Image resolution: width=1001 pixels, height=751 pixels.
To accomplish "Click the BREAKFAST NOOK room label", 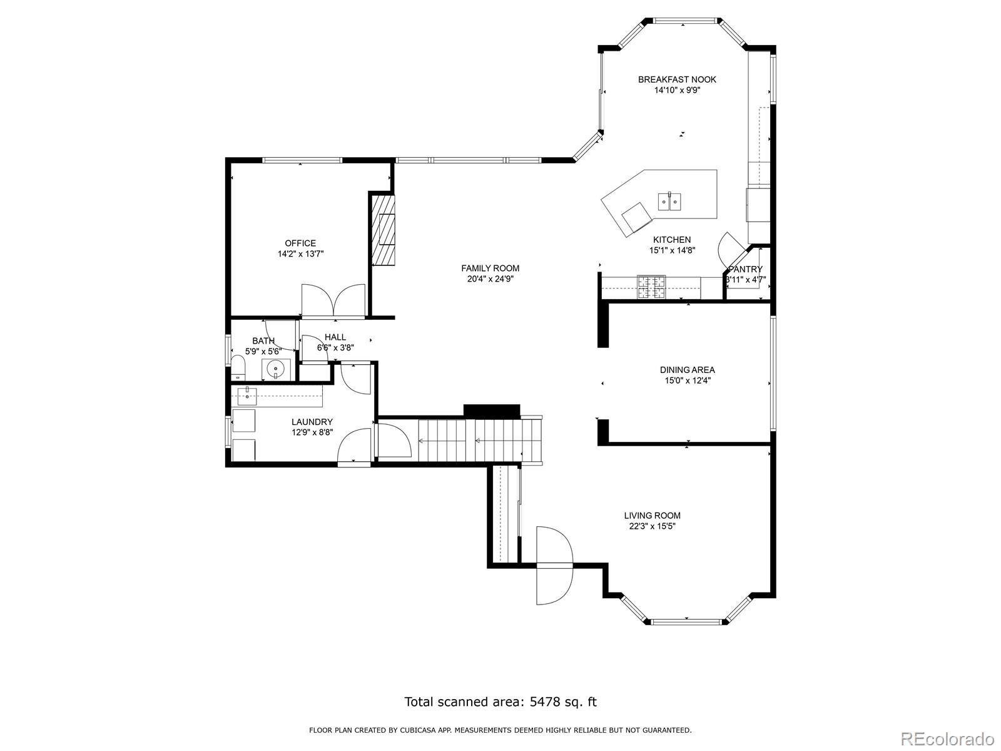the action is point(677,79).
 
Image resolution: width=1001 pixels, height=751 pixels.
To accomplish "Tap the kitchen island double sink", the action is point(669,201).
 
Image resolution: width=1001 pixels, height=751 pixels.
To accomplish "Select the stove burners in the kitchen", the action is point(651,287).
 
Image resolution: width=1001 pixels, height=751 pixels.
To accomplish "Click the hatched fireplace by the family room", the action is point(383,230).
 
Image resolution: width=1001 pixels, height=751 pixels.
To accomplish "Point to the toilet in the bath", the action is point(238,367).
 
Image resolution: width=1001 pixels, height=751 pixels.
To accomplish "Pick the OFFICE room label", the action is point(300,243).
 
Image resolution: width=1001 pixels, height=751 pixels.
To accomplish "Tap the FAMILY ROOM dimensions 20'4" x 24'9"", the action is point(490,278).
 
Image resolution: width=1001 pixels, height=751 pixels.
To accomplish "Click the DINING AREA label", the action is point(687,370).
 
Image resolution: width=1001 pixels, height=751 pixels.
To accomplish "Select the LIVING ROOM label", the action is point(652,515).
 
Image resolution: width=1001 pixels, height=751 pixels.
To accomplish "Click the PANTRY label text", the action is point(745,269).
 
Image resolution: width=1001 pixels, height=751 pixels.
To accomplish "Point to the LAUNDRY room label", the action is point(312,422).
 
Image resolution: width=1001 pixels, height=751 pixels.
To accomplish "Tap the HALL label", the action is point(335,337).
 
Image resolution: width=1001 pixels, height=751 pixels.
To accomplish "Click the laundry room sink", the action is point(246,396).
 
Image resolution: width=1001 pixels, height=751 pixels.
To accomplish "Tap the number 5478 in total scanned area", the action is point(544,701).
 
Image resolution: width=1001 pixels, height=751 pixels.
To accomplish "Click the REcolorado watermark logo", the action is point(948,738).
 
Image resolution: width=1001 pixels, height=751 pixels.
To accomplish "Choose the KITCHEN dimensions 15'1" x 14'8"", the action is point(672,250).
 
